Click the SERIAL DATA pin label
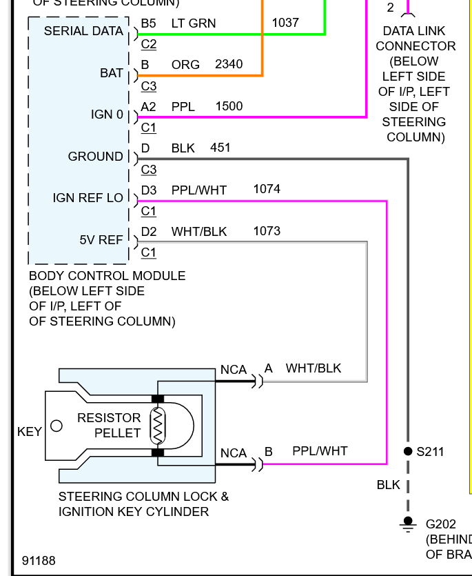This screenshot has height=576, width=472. (83, 31)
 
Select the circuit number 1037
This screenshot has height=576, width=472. (285, 23)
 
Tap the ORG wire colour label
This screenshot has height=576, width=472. (185, 64)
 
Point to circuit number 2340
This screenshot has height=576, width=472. (229, 64)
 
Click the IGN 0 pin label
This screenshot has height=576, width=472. (107, 115)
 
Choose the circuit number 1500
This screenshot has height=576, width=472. (229, 106)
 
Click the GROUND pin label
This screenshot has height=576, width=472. (95, 157)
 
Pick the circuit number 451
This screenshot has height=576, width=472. (220, 148)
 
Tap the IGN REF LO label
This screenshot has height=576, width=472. (88, 198)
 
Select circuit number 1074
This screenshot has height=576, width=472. (267, 189)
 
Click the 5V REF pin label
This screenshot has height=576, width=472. (101, 240)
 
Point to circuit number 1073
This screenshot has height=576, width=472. (267, 231)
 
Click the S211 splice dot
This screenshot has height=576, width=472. (408, 452)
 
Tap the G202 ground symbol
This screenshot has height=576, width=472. (408, 524)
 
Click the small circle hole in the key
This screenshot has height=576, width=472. (57, 426)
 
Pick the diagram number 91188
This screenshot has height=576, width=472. (39, 561)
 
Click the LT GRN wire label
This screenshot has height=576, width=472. (193, 23)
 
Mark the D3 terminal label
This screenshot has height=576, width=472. (149, 189)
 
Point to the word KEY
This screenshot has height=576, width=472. (30, 433)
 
